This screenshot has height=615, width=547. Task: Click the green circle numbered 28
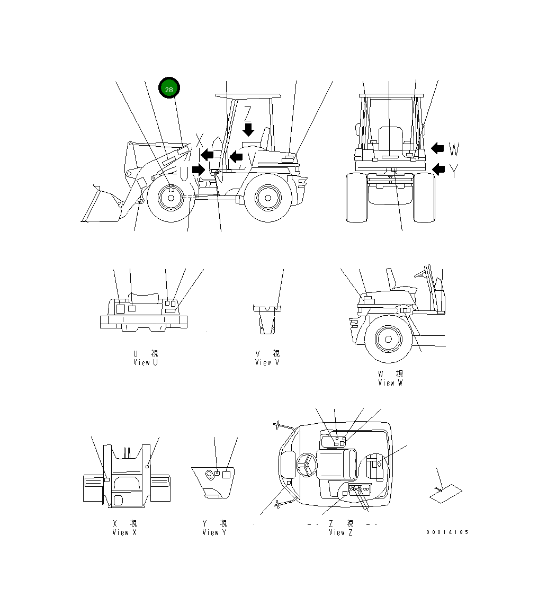[x=169, y=90]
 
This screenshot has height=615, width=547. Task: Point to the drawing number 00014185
[x=447, y=532]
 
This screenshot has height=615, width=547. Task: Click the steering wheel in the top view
[x=306, y=465]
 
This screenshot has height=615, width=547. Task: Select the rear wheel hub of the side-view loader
[x=267, y=198]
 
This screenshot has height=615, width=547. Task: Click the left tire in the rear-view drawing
[x=356, y=198]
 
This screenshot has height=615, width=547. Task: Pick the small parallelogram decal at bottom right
[x=445, y=494]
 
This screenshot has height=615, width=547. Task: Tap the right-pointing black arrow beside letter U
[x=199, y=169]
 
